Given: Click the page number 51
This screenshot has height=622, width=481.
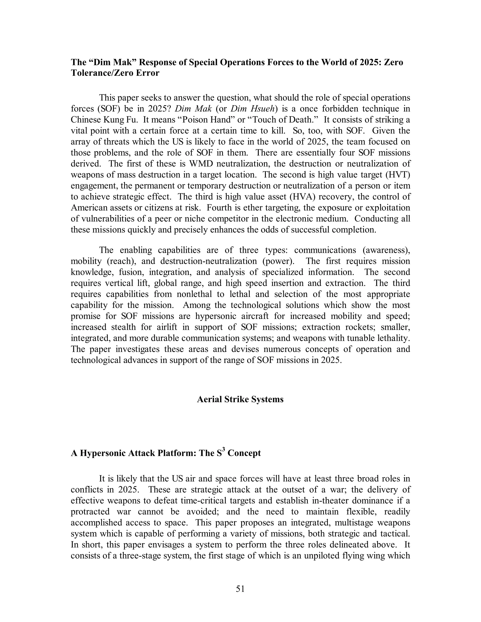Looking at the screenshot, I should (240, 589).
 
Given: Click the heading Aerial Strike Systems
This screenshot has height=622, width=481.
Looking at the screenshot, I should (240, 399).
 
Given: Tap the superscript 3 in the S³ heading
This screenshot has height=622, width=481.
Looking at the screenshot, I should (223, 450).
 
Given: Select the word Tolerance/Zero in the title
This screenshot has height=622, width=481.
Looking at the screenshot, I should (103, 73).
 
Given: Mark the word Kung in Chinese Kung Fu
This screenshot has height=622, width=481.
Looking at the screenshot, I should (112, 120).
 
